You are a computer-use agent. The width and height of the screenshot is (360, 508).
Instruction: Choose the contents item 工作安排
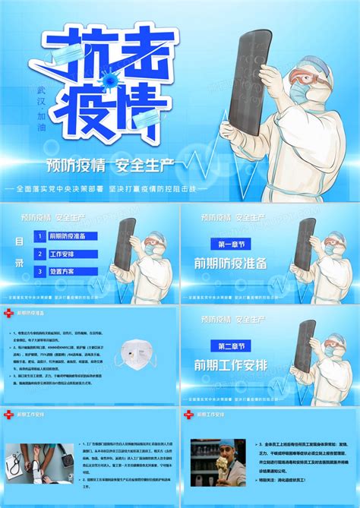pyautogui.click(x=65, y=254)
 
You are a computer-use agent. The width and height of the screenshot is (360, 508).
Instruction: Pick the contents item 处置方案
pyautogui.click(x=65, y=271)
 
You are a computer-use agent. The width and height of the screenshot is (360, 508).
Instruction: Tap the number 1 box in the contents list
pyautogui.click(x=39, y=236)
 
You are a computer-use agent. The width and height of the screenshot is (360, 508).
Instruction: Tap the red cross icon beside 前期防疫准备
pyautogui.click(x=9, y=313)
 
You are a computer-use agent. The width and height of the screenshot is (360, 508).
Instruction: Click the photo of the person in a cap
pyautogui.click(x=218, y=462)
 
